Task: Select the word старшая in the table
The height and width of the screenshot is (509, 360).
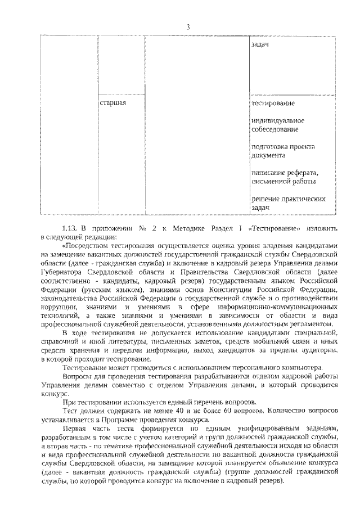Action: pyautogui.click(x=112, y=103)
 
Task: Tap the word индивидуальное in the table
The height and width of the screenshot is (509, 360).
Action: pyautogui.click(x=278, y=120)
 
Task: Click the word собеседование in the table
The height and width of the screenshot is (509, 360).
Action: pyautogui.click(x=275, y=129)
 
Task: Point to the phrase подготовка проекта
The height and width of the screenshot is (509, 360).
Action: pyautogui.click(x=283, y=146)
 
